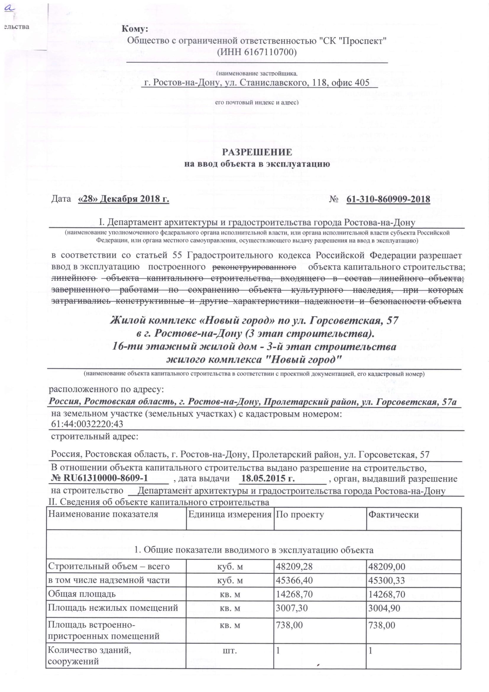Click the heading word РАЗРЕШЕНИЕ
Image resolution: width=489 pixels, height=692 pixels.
point(257,152)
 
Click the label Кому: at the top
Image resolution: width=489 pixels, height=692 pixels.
point(135,29)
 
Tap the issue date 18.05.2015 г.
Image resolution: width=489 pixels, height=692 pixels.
point(268,479)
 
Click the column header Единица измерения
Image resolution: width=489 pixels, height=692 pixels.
point(230,514)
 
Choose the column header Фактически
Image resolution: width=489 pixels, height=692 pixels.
point(394,514)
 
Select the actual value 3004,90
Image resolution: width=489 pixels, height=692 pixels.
point(384,608)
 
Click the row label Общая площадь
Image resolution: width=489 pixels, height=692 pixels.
point(82,594)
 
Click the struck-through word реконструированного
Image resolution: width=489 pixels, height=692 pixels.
point(254,267)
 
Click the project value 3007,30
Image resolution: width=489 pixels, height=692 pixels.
point(292,608)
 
